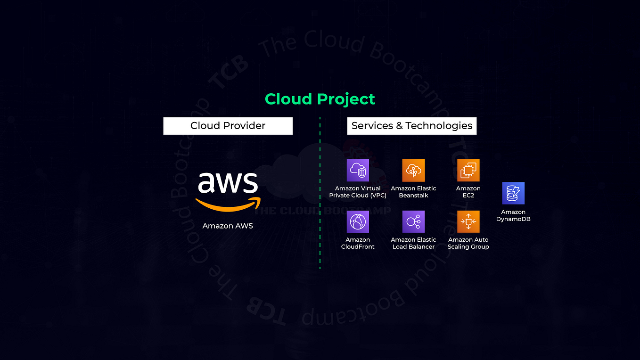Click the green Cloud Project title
320,99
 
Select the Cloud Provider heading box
228,126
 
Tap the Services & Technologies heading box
411,126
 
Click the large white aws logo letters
228,182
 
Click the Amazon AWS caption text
228,226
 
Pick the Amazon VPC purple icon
358,170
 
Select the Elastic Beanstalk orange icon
413,170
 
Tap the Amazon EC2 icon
468,170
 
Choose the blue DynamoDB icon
513,193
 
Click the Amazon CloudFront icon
358,221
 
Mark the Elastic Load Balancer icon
413,221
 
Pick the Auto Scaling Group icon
468,221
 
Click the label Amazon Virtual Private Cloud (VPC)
358,192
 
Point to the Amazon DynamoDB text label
513,215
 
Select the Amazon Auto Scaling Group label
468,243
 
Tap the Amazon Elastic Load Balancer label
413,243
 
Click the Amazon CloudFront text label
358,243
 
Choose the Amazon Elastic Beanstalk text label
413,192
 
